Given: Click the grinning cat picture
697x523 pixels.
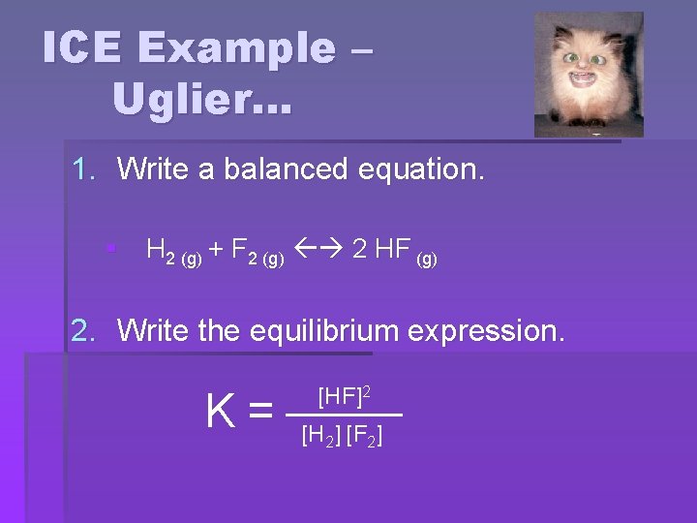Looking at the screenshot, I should click(589, 74).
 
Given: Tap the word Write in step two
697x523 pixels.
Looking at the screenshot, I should click(152, 330).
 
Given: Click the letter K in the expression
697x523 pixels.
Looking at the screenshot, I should click(220, 412).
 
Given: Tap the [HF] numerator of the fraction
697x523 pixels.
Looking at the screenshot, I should click(340, 395).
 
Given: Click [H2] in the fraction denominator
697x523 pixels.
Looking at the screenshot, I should click(320, 436).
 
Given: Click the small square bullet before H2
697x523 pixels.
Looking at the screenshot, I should click(111, 250).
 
